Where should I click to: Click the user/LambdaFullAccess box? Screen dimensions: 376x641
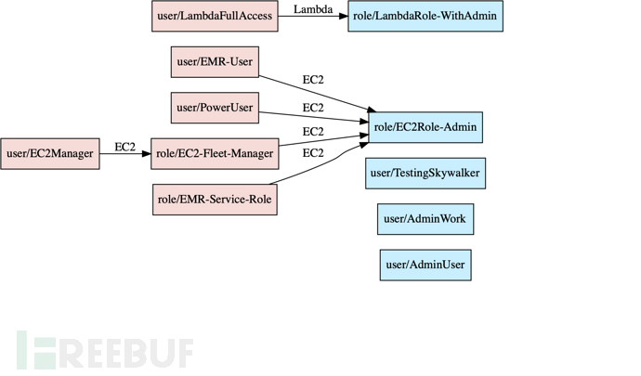[x=215, y=16]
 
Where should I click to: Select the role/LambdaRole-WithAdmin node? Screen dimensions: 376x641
[x=425, y=16]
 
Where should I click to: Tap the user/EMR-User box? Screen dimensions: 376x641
[x=214, y=62]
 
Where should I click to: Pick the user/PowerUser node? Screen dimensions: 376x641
[x=214, y=108]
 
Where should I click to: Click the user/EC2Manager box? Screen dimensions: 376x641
[x=49, y=153]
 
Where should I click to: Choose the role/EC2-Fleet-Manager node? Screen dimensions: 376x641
[x=214, y=153]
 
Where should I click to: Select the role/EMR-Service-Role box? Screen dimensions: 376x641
[x=214, y=199]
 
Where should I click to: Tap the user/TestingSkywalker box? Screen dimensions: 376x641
[x=425, y=174]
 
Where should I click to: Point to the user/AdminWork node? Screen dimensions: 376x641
[x=425, y=219]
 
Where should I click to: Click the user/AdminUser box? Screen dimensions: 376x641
[x=425, y=265]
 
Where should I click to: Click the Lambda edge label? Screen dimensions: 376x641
[x=313, y=9]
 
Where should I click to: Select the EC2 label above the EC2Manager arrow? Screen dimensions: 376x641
[x=124, y=147]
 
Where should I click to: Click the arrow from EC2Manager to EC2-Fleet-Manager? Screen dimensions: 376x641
[x=124, y=153]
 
